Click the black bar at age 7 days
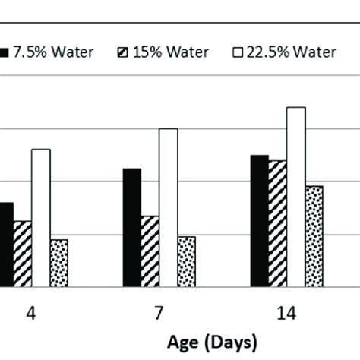[x=131, y=228]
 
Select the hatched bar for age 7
[x=150, y=251]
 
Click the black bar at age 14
[x=259, y=221]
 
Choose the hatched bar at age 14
[x=277, y=224]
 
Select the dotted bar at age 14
[x=314, y=236]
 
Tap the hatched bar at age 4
[x=22, y=254]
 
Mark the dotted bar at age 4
[x=58, y=263]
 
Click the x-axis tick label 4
[x=32, y=313]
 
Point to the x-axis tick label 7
[x=159, y=313]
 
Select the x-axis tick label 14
[x=287, y=313]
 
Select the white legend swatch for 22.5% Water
[x=235, y=53]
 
